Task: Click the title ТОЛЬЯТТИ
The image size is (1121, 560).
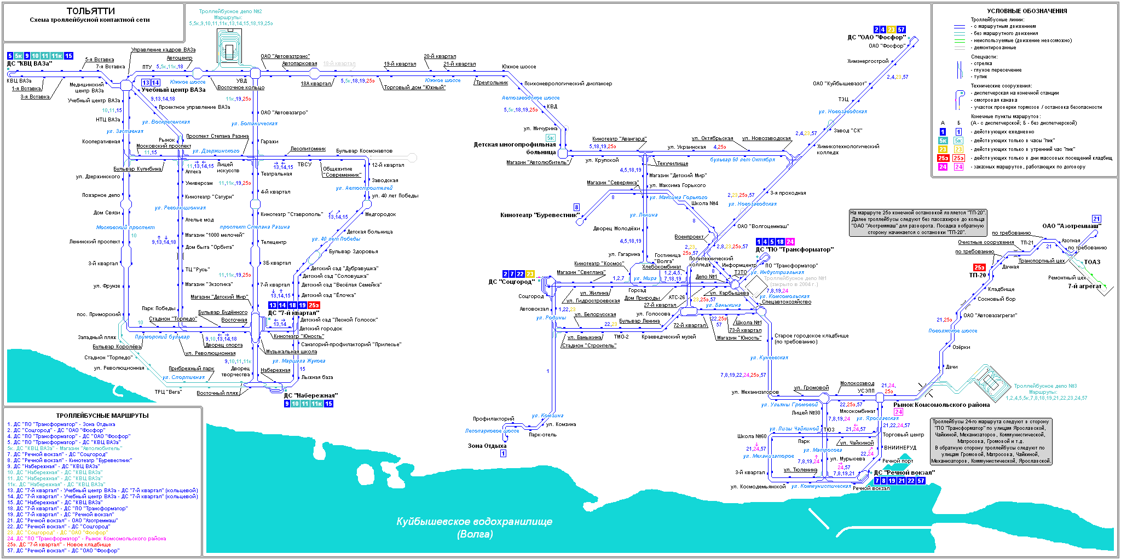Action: pos(90,11)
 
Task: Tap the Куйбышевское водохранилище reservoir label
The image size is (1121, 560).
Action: pos(474,522)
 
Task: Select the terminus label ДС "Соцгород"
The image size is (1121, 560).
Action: pos(511,282)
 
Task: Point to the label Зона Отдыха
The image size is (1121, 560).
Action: pos(487,446)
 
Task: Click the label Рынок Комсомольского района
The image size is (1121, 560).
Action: pos(941,405)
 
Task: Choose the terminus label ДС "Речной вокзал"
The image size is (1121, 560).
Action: pos(904,473)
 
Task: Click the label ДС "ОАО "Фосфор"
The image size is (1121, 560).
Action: pos(876,38)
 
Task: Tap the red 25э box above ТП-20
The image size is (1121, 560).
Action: pos(979,267)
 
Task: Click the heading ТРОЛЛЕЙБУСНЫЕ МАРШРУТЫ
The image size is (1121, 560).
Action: pos(102,416)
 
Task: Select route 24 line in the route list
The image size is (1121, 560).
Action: pos(86,539)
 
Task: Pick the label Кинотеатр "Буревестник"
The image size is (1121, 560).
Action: pos(540,215)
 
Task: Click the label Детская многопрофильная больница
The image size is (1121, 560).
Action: pos(515,148)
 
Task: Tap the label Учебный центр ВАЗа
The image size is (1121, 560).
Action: pos(174,90)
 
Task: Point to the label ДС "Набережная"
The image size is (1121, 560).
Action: pos(310,396)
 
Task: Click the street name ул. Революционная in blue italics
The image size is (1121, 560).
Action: pos(180,208)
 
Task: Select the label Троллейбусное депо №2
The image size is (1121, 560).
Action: pos(230,11)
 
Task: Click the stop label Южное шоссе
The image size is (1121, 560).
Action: pos(519,67)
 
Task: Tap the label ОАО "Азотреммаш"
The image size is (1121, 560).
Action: pos(1071,226)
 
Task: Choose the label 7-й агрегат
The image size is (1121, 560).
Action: pos(1084,286)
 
